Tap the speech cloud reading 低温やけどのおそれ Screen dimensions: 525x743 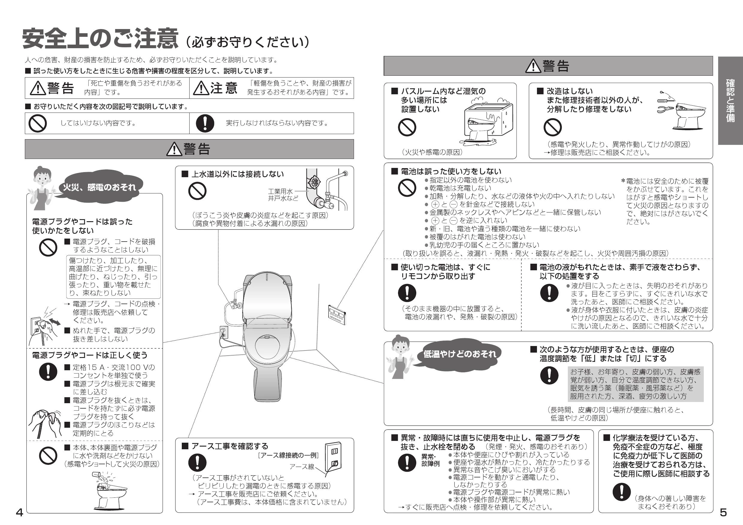coord(459,354)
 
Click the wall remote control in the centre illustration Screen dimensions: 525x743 coord(337,314)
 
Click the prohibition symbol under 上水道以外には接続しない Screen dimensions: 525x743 coord(197,191)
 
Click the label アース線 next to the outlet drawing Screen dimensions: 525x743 coord(302,466)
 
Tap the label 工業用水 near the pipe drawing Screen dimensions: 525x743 coord(280,191)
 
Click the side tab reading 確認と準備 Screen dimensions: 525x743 coord(730,101)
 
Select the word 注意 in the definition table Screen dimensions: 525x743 coord(224,88)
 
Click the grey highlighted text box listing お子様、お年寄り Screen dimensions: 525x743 coord(635,384)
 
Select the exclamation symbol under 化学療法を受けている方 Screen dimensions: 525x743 coord(621,492)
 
